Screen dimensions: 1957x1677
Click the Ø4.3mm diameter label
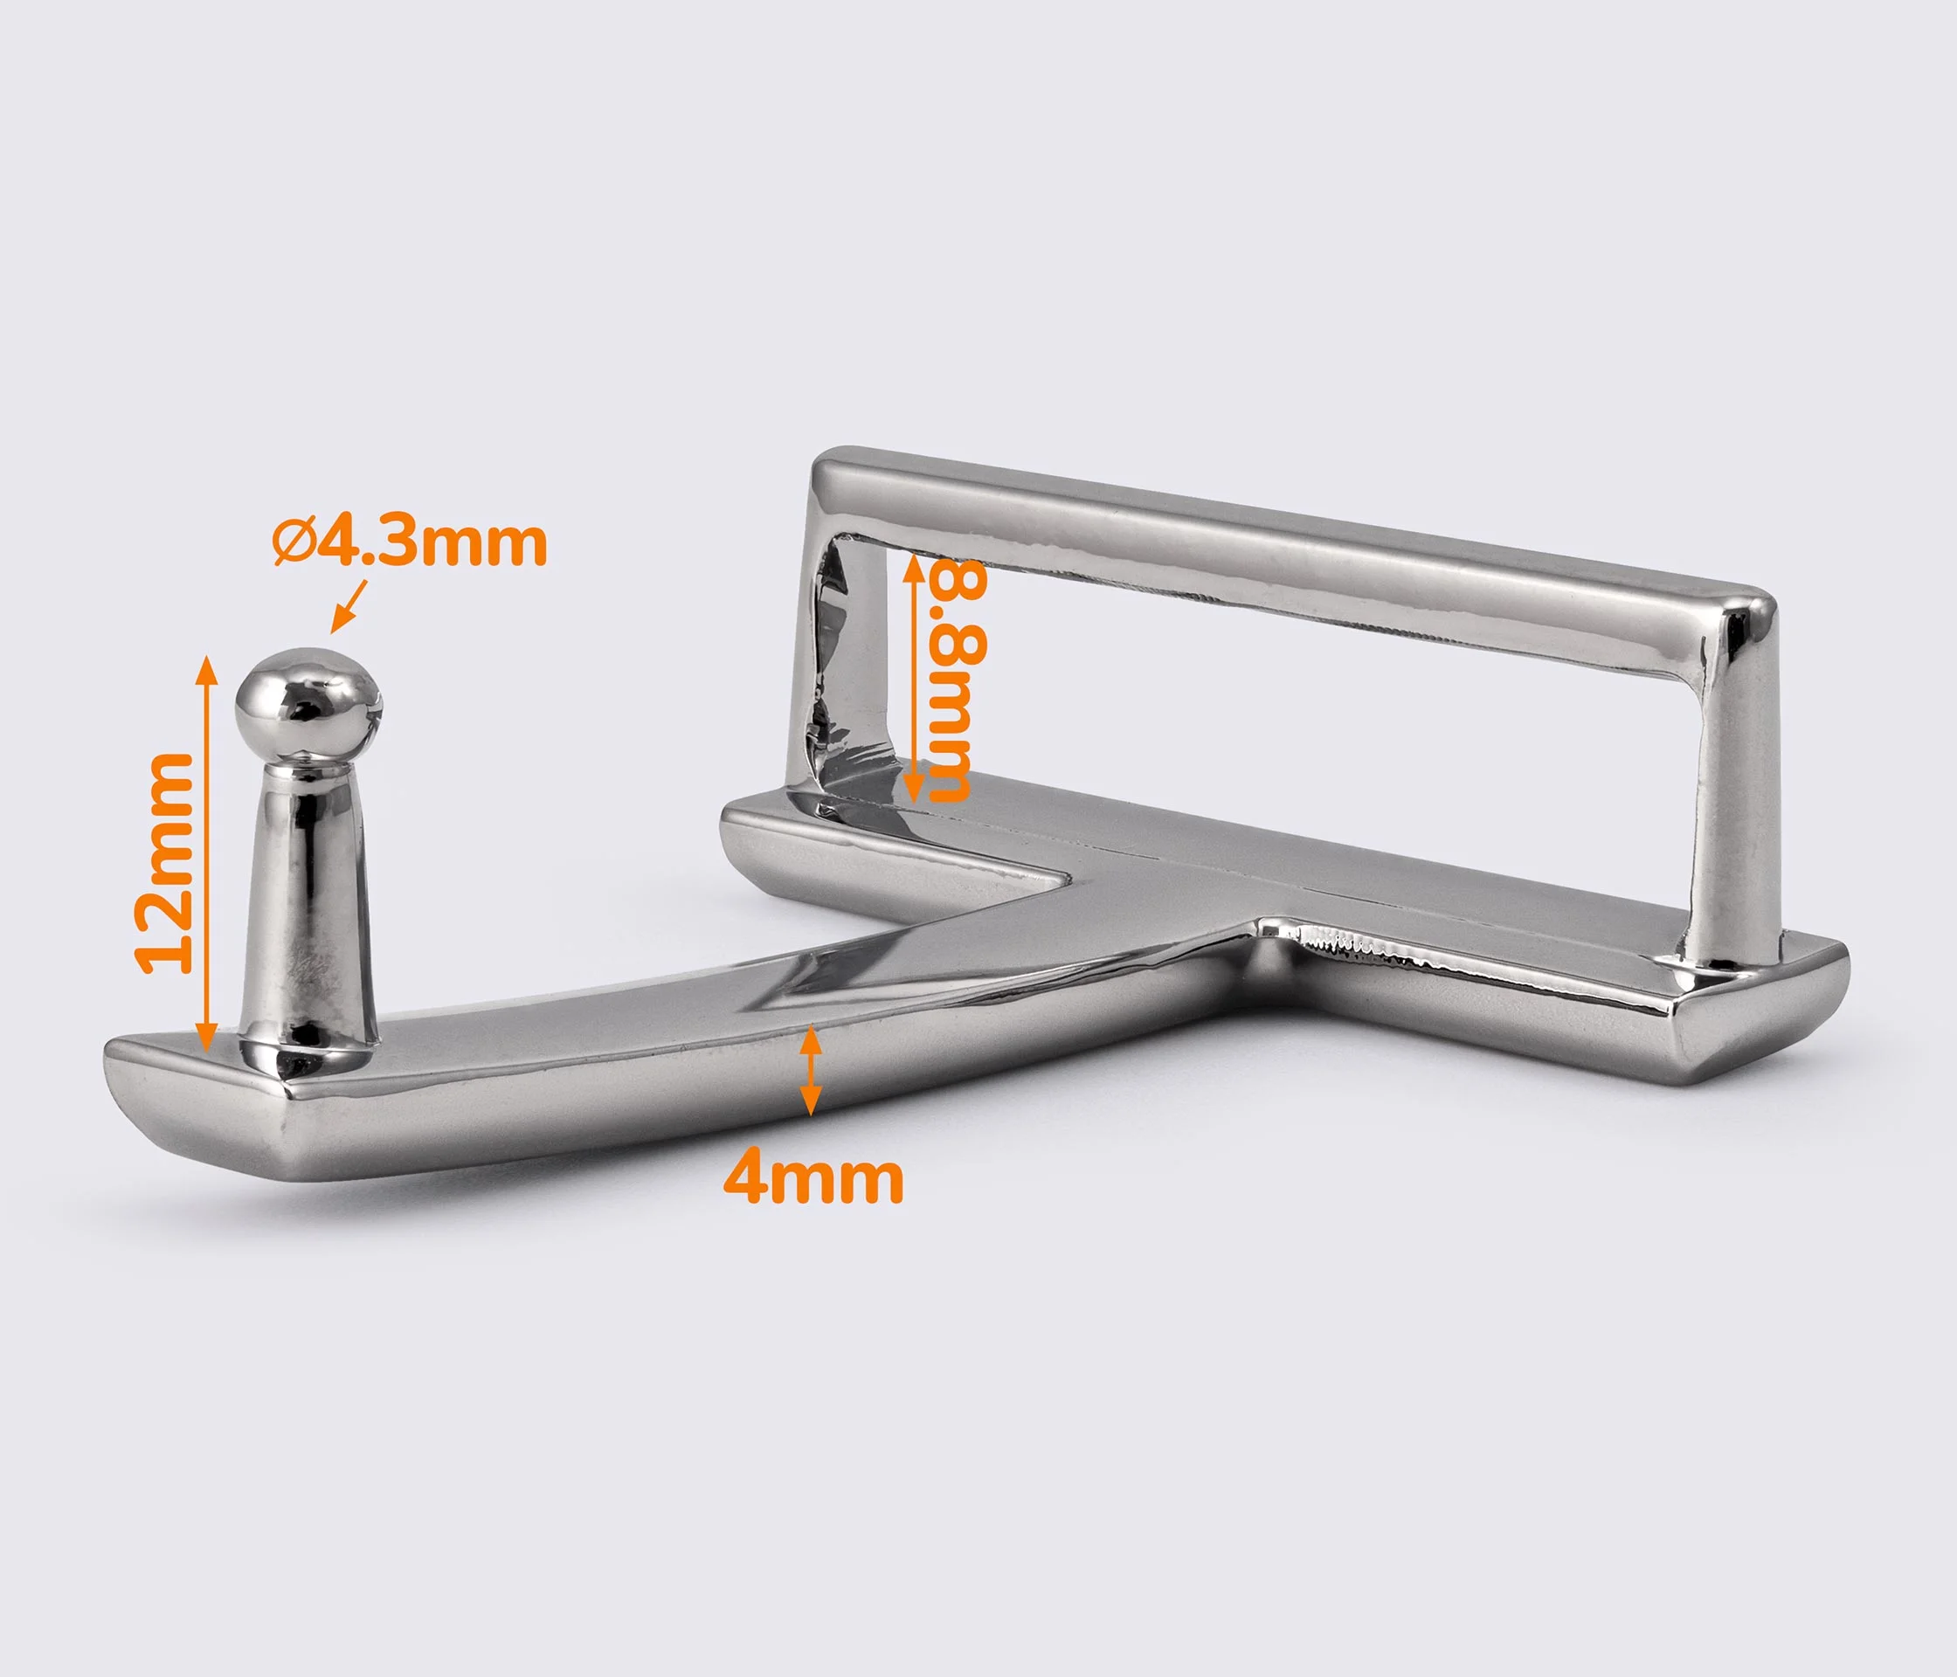(410, 544)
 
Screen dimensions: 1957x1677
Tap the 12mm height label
(165, 863)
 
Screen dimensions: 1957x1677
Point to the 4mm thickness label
(813, 1179)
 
